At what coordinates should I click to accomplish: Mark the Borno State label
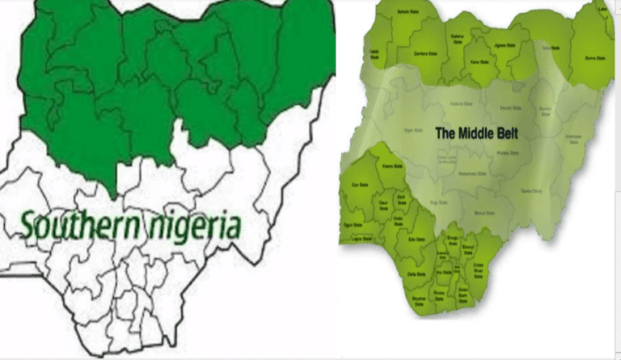(x=594, y=57)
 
